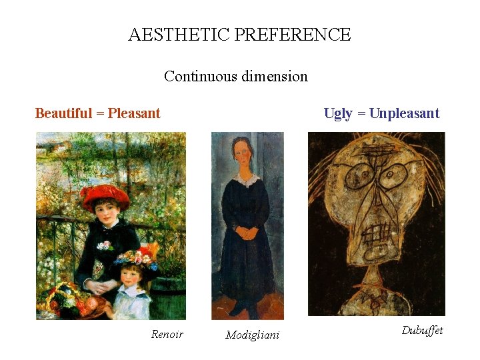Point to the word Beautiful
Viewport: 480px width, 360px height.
click(x=63, y=113)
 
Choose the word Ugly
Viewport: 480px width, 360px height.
click(x=338, y=113)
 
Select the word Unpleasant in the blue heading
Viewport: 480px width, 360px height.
click(x=404, y=113)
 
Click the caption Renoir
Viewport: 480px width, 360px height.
click(x=167, y=334)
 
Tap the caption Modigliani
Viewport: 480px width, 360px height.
click(x=253, y=335)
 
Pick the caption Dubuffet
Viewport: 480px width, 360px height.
click(x=422, y=330)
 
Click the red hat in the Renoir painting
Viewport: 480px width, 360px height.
click(x=105, y=194)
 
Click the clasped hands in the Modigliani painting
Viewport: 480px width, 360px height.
click(x=247, y=233)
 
